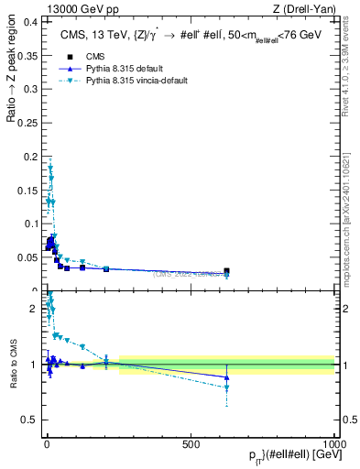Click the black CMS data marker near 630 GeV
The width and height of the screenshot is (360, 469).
pos(226,271)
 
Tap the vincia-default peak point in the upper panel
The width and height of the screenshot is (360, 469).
pos(50,168)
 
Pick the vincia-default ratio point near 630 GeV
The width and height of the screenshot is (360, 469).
pos(226,388)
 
